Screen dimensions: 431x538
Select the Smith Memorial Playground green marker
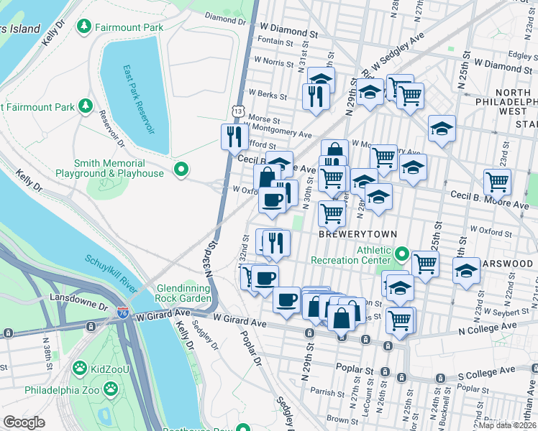181,170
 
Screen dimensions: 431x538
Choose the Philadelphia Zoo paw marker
110,389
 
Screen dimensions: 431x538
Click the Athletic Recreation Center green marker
401,253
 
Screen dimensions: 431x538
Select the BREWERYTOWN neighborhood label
349,235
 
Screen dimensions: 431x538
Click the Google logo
24,422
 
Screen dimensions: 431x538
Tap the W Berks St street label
267,95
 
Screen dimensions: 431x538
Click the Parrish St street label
327,392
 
